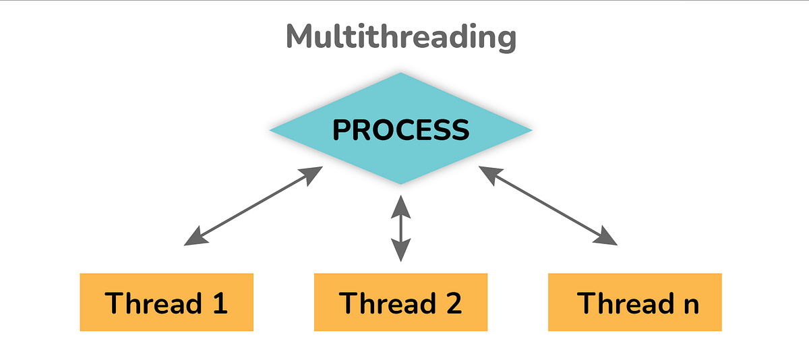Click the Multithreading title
[401, 37]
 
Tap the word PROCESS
[400, 129]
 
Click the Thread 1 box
[167, 302]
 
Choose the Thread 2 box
[400, 302]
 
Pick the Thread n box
[634, 302]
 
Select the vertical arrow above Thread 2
[401, 228]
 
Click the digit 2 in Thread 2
[452, 303]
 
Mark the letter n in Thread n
[689, 305]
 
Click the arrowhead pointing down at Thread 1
[194, 237]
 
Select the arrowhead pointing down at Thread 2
[401, 251]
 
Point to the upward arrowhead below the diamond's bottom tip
[401, 204]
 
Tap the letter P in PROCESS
[344, 130]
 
